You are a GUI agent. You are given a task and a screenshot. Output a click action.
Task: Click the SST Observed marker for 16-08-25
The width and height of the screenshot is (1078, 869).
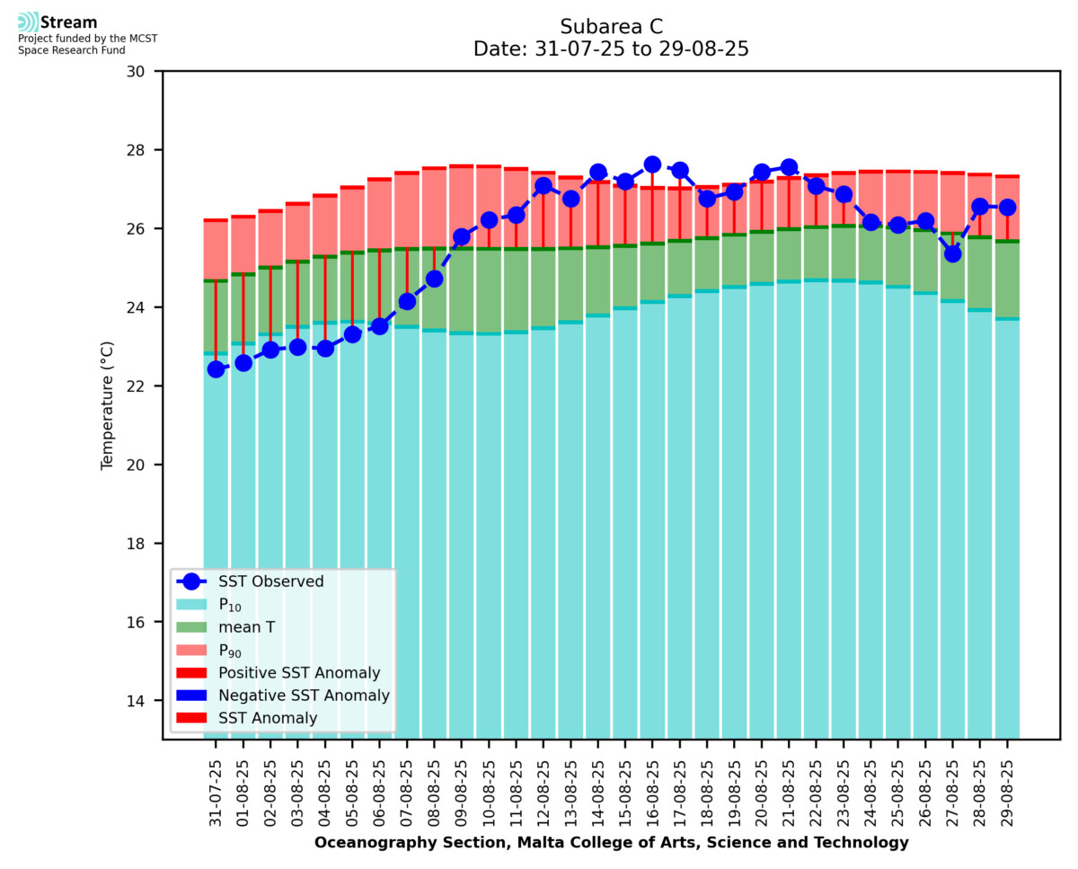click(652, 164)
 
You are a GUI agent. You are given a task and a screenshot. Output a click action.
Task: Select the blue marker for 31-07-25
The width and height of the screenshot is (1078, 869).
click(216, 369)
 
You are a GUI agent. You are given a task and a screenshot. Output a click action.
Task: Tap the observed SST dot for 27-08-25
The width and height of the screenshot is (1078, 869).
click(952, 253)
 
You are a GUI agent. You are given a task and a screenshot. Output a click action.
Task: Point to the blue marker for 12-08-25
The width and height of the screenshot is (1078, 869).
click(543, 186)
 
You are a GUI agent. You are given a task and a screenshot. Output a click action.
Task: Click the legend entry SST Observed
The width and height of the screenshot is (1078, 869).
click(270, 581)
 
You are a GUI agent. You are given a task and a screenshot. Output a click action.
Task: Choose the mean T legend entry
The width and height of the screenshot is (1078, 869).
click(246, 627)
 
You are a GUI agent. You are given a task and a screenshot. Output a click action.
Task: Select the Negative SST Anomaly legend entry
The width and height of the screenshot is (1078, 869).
click(304, 696)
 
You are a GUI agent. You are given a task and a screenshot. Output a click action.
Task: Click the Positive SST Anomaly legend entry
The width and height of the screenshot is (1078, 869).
click(299, 673)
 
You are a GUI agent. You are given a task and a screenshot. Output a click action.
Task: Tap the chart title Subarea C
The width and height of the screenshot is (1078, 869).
click(611, 26)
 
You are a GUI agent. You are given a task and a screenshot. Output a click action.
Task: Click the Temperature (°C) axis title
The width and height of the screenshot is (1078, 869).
click(108, 404)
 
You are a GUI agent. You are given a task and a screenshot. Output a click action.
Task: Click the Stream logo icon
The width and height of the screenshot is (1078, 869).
click(29, 22)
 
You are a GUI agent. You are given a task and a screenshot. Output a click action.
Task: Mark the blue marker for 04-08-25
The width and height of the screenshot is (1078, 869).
click(325, 348)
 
